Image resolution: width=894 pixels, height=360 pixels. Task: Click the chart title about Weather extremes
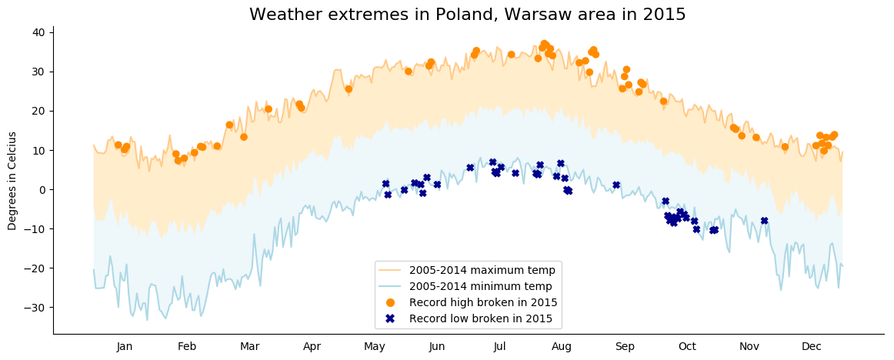[467, 15]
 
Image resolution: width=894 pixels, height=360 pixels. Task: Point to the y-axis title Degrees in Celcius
[12, 181]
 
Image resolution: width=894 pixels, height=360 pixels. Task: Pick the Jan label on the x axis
[125, 347]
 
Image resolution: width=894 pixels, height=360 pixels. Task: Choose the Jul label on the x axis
[499, 347]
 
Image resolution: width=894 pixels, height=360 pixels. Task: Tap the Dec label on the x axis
[812, 347]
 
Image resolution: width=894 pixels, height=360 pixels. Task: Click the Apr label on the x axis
[312, 347]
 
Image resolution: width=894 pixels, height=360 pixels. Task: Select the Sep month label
[625, 347]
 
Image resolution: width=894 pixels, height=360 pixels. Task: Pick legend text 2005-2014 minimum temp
[481, 286]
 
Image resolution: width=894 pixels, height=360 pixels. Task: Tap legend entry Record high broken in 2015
[483, 302]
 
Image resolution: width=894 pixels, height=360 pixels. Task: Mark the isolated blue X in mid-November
[764, 221]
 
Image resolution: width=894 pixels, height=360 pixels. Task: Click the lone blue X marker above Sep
[616, 185]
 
